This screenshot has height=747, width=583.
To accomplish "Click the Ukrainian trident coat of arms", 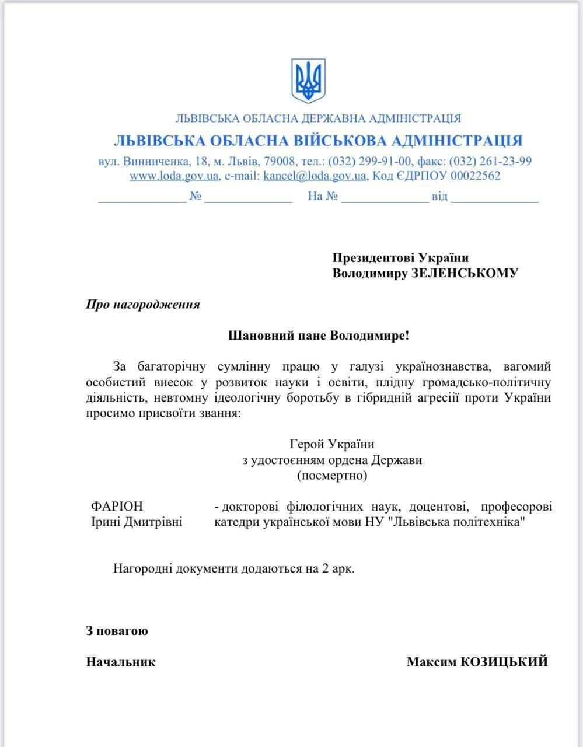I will coord(308,81).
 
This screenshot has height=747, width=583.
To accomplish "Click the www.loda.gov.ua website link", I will coord(174,176).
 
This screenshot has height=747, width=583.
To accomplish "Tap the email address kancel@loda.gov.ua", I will coord(315,176).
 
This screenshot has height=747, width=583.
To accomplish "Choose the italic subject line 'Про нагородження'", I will coord(143,305).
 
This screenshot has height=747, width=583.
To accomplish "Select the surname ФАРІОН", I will coord(117,506).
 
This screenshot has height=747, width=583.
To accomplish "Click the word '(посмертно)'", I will coord(332,476).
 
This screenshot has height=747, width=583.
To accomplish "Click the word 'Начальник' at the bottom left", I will coord(121,662).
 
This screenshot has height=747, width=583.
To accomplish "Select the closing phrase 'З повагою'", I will coord(117,631).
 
